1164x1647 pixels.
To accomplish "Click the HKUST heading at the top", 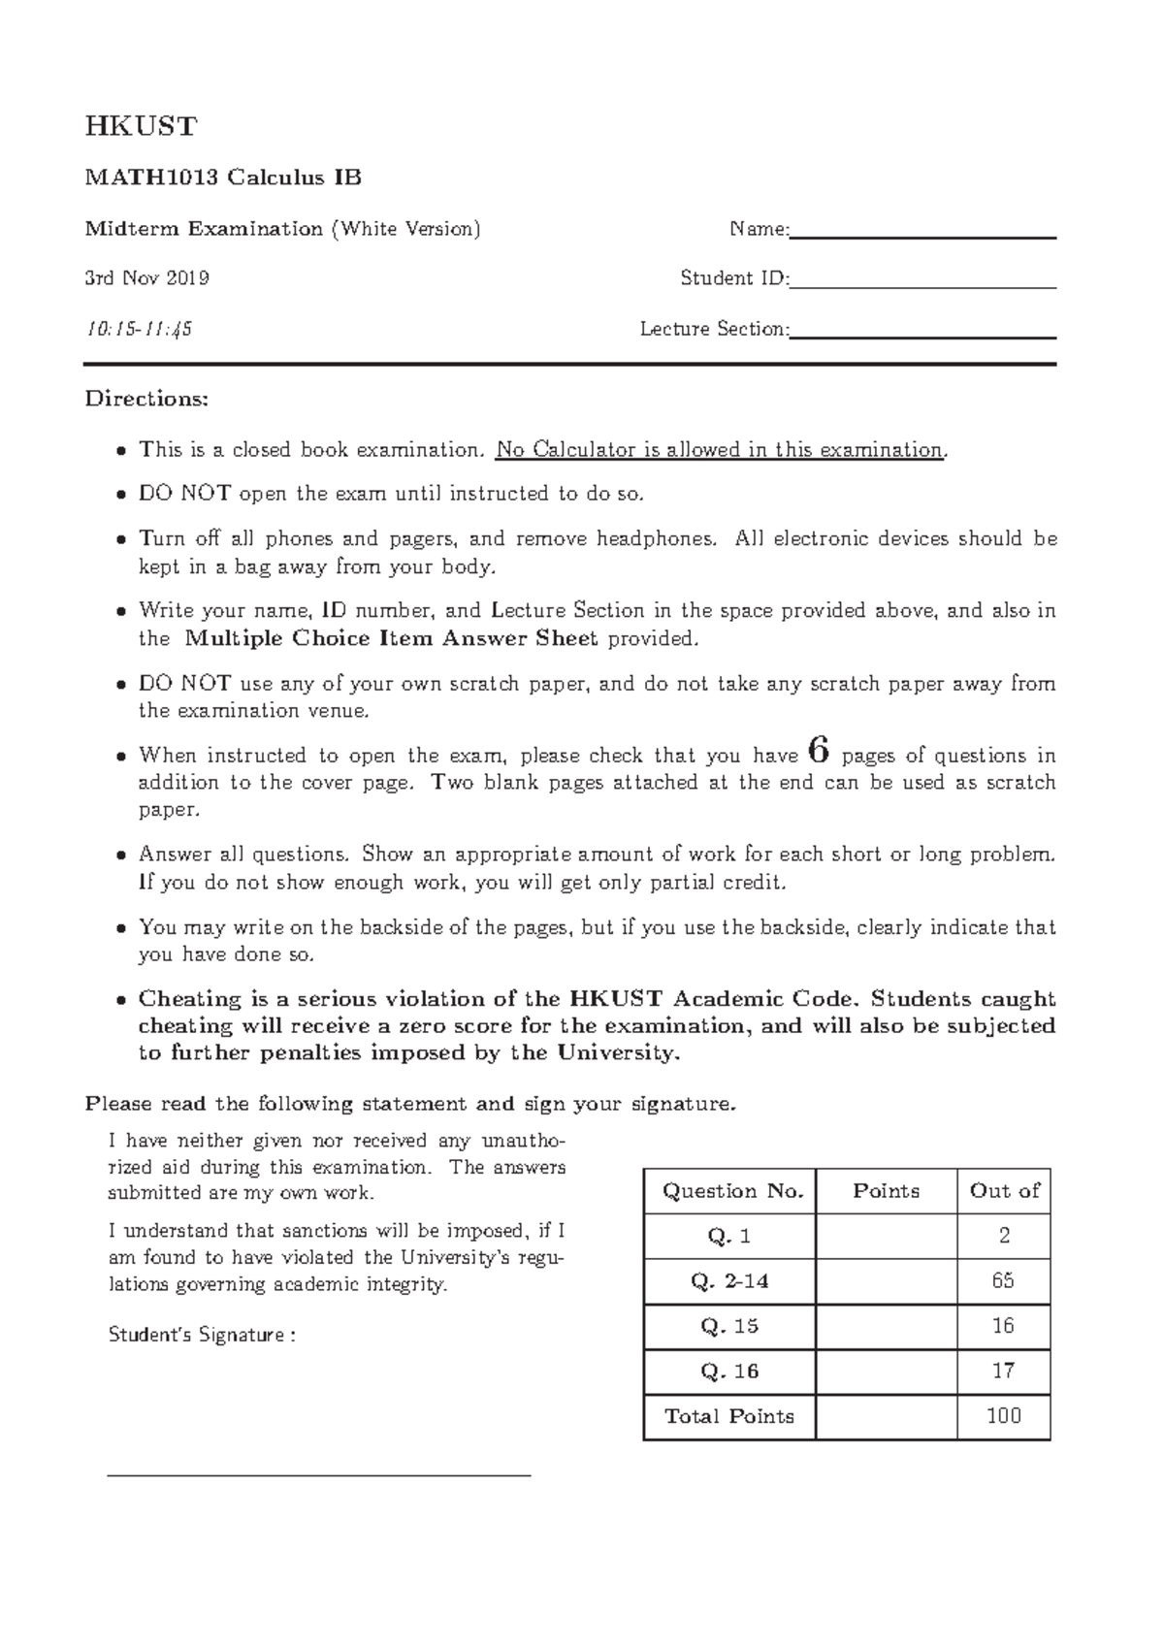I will click(x=141, y=126).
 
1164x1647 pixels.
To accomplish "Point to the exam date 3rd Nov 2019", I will click(x=146, y=279).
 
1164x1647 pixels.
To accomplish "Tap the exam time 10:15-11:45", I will click(x=139, y=330).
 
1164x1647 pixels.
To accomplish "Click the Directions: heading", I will click(x=146, y=399).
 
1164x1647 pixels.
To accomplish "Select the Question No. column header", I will click(x=732, y=1191).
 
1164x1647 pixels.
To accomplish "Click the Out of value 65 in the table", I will click(x=1003, y=1281).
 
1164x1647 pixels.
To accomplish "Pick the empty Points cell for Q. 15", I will click(x=886, y=1326).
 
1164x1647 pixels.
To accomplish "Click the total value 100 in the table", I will click(x=1003, y=1416).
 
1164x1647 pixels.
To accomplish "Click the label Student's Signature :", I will click(x=202, y=1336).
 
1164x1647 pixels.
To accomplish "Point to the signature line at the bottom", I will click(x=319, y=1474).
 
